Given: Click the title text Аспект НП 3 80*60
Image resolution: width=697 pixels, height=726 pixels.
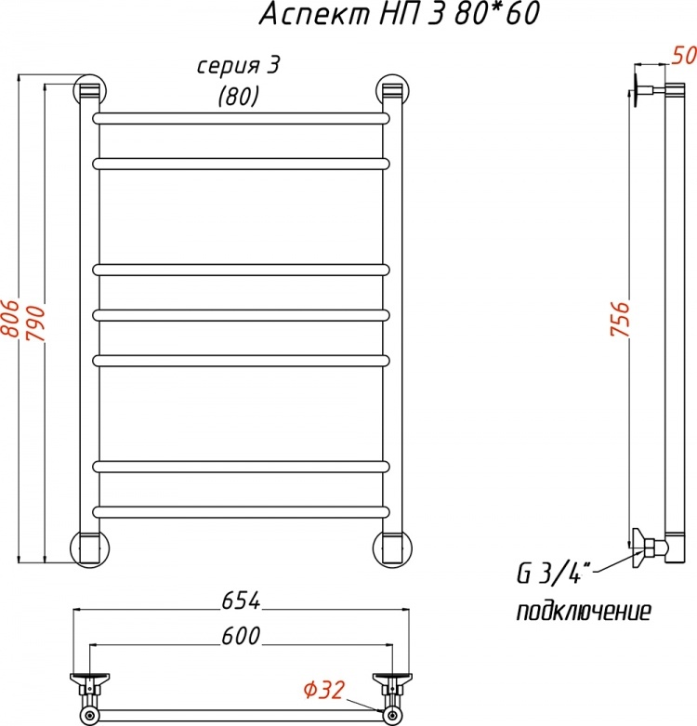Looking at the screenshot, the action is point(400,14).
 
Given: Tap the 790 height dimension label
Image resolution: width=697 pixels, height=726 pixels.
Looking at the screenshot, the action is point(35,323).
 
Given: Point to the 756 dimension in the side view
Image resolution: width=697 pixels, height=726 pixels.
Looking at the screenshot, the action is point(620,319).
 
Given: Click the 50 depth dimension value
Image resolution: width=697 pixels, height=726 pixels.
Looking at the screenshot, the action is point(685,56).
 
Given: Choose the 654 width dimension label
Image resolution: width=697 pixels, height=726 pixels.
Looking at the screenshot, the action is point(241,601).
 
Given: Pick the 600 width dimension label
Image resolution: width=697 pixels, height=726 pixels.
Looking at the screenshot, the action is point(241,636).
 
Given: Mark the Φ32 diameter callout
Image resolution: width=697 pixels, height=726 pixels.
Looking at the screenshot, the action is point(324,691).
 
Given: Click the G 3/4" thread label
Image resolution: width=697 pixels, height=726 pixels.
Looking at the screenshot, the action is point(548,574).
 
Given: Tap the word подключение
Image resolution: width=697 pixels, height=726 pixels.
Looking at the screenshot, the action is point(584,612).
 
